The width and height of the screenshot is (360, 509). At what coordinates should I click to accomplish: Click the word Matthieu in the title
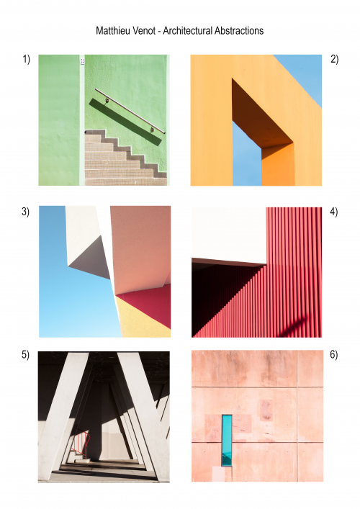pyautogui.click(x=110, y=30)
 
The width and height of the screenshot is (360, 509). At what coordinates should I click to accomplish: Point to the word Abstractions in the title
pyautogui.click(x=239, y=30)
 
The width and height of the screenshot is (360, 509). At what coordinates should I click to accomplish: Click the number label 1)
pyautogui.click(x=26, y=59)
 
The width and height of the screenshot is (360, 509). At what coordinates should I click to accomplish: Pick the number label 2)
pyautogui.click(x=334, y=59)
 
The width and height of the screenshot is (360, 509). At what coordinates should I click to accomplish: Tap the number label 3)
pyautogui.click(x=25, y=212)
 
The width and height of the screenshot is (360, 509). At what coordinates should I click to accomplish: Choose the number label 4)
pyautogui.click(x=333, y=212)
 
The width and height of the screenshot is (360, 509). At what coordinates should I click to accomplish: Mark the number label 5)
pyautogui.click(x=25, y=354)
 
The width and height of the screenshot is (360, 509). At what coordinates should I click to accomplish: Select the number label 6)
pyautogui.click(x=333, y=354)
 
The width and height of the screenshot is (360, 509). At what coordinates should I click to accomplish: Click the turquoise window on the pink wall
pyautogui.click(x=227, y=441)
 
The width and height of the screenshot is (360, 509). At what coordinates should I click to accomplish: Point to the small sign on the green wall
pyautogui.click(x=83, y=61)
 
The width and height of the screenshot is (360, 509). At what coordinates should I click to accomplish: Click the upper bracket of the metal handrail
pyautogui.click(x=107, y=99)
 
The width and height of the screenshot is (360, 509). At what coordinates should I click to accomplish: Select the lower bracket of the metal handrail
pyautogui.click(x=152, y=129)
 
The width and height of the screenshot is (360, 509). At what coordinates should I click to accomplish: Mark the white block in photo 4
pyautogui.click(x=229, y=235)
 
